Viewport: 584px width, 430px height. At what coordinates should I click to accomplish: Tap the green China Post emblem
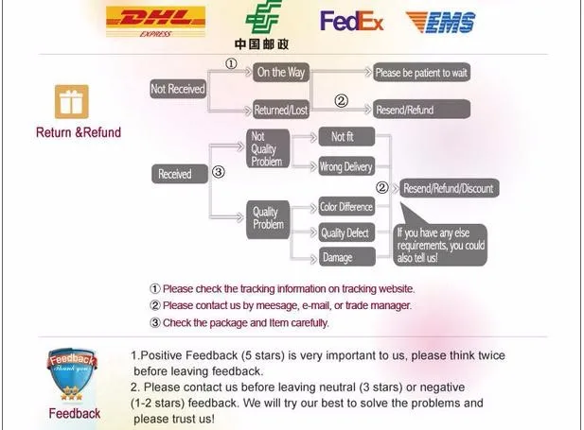pos(262,18)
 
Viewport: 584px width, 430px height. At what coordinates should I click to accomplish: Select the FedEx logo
pos(351,21)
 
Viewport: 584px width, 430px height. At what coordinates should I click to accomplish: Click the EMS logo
pos(441,22)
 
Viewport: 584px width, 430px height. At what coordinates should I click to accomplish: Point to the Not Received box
pos(178,89)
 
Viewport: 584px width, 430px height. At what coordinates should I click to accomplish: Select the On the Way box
pos(281,73)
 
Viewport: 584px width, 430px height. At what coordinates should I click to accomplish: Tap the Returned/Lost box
pos(281,110)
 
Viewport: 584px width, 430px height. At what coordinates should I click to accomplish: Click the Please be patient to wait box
pos(421,73)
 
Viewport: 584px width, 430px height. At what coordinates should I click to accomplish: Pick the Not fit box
pos(342,138)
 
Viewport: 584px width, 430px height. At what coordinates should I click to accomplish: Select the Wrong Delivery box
pos(345,167)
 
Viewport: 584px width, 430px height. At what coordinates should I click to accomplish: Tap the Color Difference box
pos(345,207)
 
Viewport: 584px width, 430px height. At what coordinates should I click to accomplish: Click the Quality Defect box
pos(345,233)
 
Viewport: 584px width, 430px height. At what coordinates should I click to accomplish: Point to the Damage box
pos(338,258)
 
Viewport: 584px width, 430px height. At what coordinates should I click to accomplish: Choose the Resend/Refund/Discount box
pos(448,189)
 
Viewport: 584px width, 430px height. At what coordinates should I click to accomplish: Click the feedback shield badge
pos(74,374)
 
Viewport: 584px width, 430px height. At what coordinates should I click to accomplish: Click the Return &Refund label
pos(79,132)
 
